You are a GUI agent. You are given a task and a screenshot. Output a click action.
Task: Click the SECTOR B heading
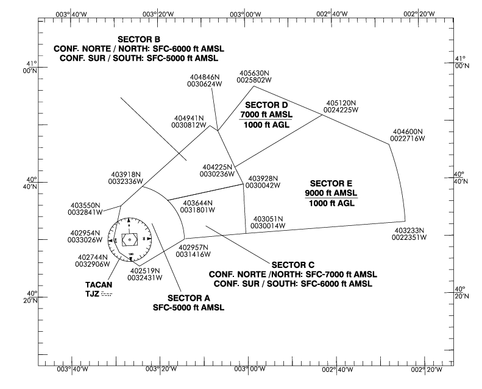[139, 40]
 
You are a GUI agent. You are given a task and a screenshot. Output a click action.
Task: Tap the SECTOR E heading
[331, 184]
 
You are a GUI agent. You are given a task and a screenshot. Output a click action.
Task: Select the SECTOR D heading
[266, 105]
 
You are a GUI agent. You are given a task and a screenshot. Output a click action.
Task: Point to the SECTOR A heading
[189, 298]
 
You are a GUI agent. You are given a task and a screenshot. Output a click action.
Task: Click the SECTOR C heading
[293, 265]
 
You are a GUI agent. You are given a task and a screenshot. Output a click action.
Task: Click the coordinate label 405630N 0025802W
[254, 77]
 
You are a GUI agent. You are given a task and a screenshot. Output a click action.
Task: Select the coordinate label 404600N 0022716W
[408, 135]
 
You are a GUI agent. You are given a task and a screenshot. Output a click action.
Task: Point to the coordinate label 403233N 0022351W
[409, 234]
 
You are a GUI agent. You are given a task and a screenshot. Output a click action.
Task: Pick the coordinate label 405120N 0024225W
[341, 107]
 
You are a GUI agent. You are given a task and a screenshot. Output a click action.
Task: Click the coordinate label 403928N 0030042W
[263, 182]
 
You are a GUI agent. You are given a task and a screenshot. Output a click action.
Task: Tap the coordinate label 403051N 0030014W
[268, 223]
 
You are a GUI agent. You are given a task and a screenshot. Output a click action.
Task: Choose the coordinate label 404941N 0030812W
[189, 122]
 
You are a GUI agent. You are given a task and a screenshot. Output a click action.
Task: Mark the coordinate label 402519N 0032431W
[145, 275]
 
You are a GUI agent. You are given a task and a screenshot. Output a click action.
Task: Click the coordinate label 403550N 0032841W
[85, 209]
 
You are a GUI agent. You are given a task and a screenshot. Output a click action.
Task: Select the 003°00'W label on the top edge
[246, 14]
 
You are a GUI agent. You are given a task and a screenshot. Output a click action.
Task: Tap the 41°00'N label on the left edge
[30, 67]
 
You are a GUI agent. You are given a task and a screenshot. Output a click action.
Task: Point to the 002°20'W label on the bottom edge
[427, 370]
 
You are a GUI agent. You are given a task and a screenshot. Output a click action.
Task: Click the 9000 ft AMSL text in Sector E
[331, 193]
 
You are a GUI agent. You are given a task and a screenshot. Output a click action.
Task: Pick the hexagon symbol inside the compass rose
[130, 240]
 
